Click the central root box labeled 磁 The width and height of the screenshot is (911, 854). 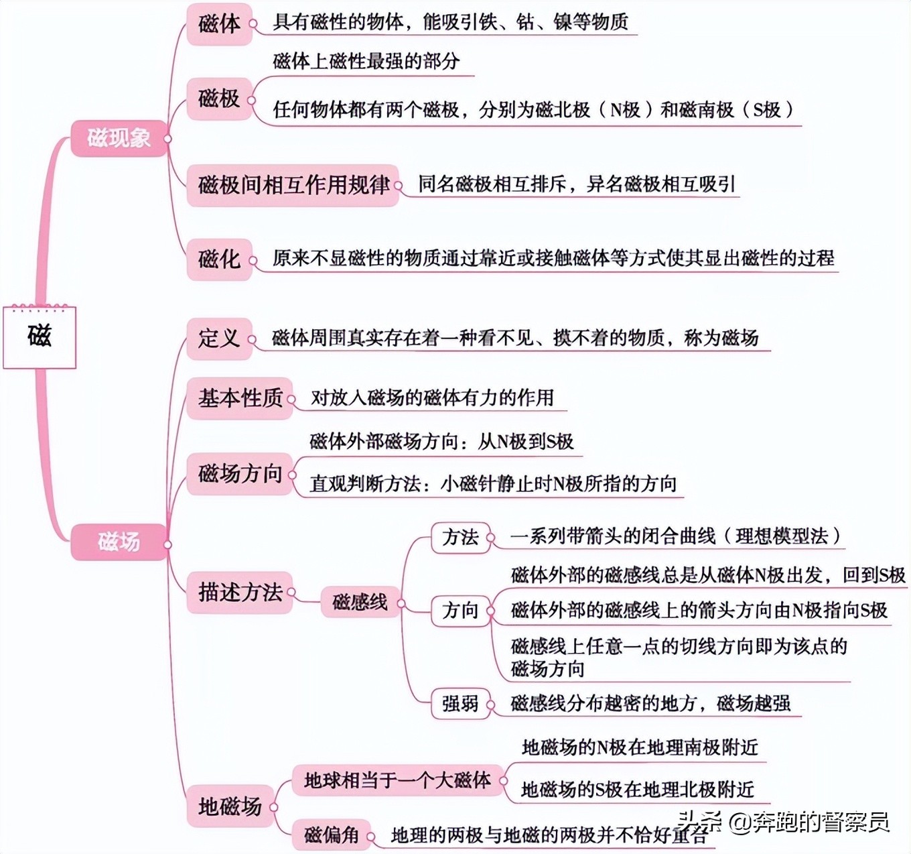point(40,337)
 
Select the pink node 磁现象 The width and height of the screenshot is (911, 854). point(119,138)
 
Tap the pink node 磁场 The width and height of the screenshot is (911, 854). point(119,542)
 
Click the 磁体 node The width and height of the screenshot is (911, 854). point(219,24)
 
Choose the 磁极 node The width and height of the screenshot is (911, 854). point(219,99)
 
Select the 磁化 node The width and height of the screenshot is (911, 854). point(219,259)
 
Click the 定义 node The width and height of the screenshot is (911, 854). point(219,339)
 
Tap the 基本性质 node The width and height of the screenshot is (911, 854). point(240,398)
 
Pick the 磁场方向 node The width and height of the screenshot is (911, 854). point(240,474)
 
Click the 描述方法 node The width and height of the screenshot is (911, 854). point(240,593)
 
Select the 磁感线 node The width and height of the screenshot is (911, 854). point(360,601)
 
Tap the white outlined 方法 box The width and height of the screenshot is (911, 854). point(461,537)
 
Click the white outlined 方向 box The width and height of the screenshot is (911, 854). point(461,611)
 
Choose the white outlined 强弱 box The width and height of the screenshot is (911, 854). point(461,703)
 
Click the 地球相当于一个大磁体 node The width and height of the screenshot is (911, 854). point(397,780)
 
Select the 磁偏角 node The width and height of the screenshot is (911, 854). point(332,835)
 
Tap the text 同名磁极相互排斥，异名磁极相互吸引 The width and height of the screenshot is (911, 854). point(577,184)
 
